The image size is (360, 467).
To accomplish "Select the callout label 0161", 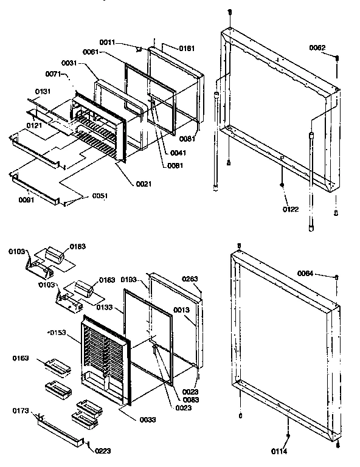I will pyautogui.click(x=187, y=47).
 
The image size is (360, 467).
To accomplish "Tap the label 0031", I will pyautogui.click(x=69, y=63).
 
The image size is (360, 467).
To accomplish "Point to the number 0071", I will pyautogui.click(x=54, y=74).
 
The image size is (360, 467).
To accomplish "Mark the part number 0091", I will pyautogui.click(x=26, y=199).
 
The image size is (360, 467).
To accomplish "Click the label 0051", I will pyautogui.click(x=101, y=196).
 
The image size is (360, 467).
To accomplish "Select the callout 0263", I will pyautogui.click(x=190, y=279).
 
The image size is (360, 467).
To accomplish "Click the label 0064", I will pyautogui.click(x=306, y=274).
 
